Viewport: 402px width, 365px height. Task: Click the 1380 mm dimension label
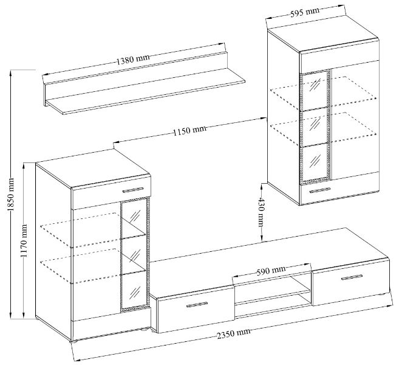133,60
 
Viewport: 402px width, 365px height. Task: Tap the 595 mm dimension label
305,12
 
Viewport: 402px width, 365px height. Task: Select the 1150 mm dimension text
189,130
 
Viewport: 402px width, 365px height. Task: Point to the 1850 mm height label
12,194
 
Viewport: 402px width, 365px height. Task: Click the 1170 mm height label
25,241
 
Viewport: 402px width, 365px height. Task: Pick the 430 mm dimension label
261,212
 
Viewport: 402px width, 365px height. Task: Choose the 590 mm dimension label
271,271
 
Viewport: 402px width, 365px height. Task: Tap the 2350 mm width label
233,333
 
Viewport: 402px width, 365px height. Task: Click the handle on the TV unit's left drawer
197,304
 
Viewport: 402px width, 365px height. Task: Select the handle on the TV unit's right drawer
352,277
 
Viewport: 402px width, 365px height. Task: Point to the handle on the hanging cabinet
319,190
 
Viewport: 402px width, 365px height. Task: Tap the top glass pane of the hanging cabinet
315,90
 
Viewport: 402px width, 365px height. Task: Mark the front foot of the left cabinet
73,342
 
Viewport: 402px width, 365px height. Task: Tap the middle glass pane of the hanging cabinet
315,127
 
